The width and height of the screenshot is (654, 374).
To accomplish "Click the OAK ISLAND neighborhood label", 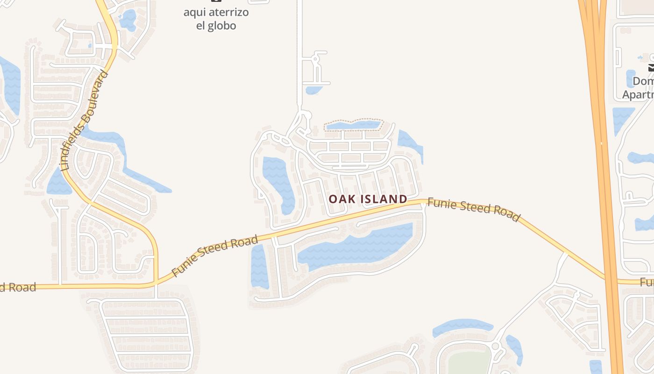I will point(368,199).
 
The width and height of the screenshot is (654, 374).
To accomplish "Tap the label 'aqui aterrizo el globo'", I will point(216,18).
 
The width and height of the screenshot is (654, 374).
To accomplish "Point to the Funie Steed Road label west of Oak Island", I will point(214,256).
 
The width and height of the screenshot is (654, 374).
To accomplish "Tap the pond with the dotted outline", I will point(354,125).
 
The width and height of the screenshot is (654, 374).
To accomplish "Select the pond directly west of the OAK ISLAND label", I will point(279,182).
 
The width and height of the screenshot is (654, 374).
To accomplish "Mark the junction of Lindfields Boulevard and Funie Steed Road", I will point(156,282).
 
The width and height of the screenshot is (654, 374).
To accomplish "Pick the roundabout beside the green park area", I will point(496,347).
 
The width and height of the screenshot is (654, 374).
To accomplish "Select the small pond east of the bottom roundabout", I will point(515,348).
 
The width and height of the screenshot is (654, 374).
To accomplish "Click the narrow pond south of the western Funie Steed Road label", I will point(260,266).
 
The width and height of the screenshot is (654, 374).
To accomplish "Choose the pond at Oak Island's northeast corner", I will point(410,144).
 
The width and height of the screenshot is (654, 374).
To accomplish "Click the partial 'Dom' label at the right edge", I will point(643,81).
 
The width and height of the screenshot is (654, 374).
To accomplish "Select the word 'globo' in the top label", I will point(223,25).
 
